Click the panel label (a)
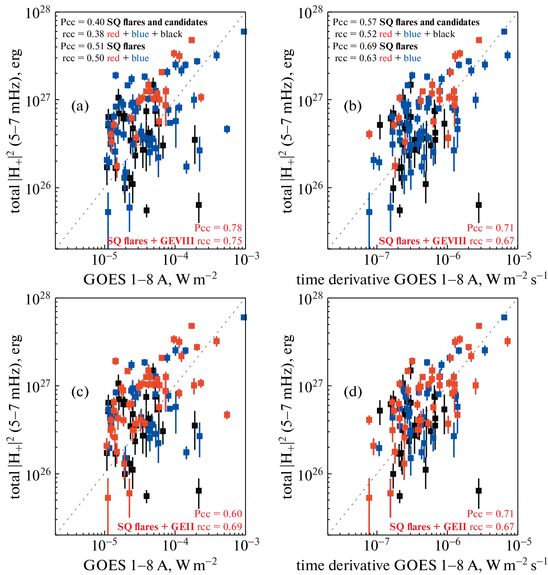pos(80,106)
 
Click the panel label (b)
pos(353,106)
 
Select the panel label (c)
pos(80,392)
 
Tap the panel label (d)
pos(353,392)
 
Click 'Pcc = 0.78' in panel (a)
pos(218,228)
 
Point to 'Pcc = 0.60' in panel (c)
pos(218,514)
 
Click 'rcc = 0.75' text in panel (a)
pos(219,241)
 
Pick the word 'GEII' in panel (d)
pos(455,527)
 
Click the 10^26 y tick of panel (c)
pos(39,475)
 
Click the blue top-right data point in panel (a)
pos(244,32)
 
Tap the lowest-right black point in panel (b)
pos(479,205)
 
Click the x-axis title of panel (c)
pos(150,565)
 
